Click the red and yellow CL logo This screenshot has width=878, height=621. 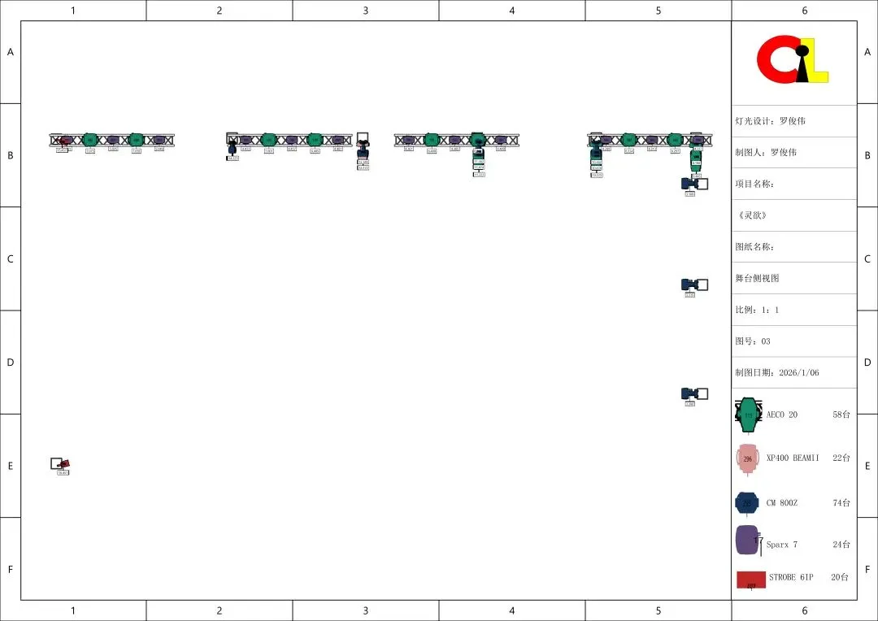point(793,59)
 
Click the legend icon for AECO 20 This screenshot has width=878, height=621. point(748,415)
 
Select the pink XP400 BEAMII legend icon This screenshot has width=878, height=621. point(747,459)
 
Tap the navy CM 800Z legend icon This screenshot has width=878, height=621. point(746,503)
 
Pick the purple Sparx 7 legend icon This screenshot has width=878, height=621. point(747,541)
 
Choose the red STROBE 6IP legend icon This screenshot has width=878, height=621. point(751,580)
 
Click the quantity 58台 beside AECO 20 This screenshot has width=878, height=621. point(841,415)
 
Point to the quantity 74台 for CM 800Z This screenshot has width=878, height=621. point(841,503)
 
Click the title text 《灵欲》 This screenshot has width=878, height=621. point(753,215)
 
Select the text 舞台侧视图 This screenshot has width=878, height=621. point(757,278)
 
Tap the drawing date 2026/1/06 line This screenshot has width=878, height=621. point(777,372)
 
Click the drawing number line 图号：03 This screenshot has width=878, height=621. point(753,341)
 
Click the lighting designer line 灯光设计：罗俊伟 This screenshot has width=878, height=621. point(770,121)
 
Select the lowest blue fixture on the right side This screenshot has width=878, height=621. point(690,394)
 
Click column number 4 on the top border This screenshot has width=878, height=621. point(511,11)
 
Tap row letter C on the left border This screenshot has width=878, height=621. point(11,259)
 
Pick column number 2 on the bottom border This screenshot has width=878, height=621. point(219,610)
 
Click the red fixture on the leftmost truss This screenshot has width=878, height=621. point(65,141)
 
